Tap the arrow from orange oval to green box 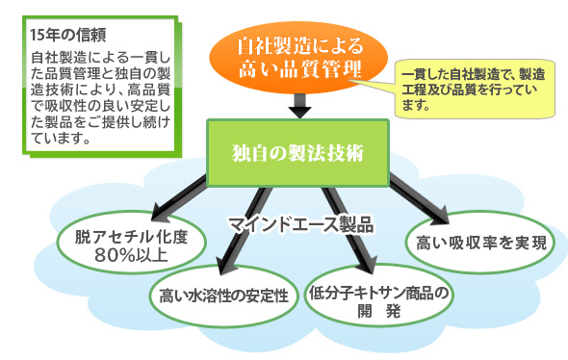point(298,102)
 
